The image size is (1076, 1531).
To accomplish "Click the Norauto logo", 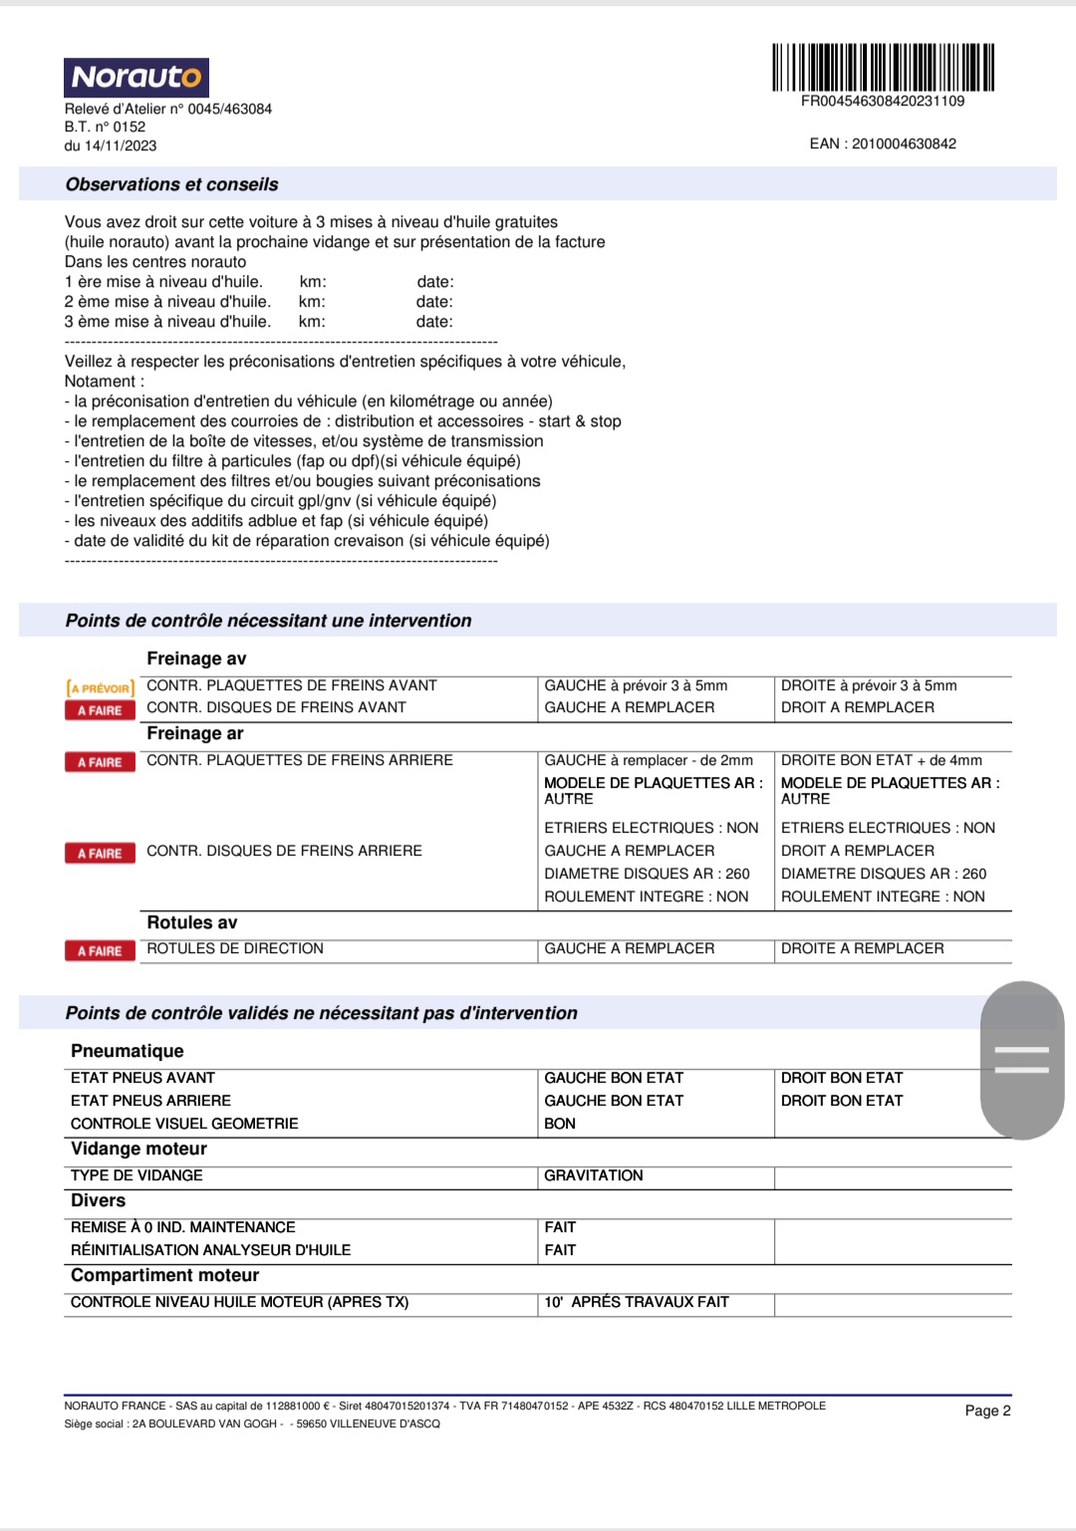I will [136, 78].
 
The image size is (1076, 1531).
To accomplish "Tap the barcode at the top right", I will [883, 68].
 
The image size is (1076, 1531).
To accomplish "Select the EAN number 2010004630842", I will [904, 144].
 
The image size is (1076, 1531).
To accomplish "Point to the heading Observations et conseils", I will [171, 185].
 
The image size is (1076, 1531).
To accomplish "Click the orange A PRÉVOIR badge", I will [100, 688].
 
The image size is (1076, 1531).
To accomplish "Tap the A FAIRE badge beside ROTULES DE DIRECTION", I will [100, 951].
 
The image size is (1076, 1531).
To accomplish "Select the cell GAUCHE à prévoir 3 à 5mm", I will [636, 686].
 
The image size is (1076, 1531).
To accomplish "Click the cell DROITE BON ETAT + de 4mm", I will [881, 761].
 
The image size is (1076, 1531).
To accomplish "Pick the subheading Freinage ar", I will [195, 734].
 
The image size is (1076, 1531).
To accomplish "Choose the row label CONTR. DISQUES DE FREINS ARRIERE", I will [284, 852].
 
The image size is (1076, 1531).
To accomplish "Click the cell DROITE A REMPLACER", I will [862, 949].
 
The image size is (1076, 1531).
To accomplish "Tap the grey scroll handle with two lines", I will [1022, 1060].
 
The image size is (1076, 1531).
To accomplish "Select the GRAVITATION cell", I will [594, 1176].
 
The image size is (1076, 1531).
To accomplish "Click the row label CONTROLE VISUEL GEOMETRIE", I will [184, 1125].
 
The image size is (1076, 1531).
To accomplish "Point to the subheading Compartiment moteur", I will [164, 1276].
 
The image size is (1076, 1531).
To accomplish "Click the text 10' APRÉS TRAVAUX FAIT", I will [637, 1303].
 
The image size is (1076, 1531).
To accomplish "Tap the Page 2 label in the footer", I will [987, 1411].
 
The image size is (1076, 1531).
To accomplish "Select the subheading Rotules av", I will [192, 923].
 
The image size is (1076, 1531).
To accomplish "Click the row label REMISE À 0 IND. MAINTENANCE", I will [183, 1228].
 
